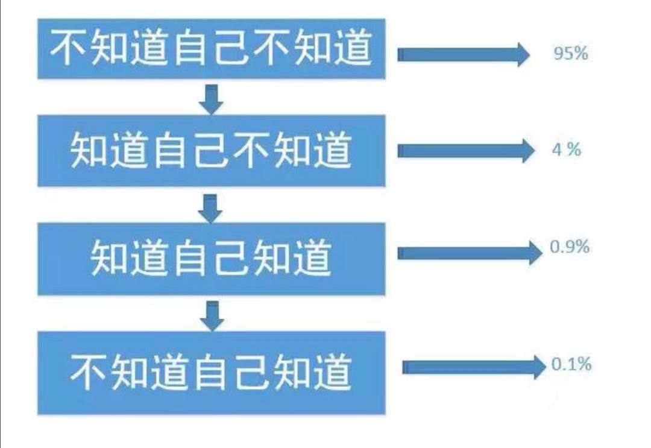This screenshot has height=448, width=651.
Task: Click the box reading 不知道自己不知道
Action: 211,49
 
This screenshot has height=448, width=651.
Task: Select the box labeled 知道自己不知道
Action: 211,150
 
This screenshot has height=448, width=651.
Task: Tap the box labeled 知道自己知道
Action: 211,258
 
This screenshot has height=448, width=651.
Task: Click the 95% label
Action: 570,54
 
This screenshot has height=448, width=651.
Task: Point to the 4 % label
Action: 566,150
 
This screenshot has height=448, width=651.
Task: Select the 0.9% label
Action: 570,247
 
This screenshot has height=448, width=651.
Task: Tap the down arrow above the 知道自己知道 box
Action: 211,209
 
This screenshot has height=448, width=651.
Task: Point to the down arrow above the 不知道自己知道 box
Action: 212,316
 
